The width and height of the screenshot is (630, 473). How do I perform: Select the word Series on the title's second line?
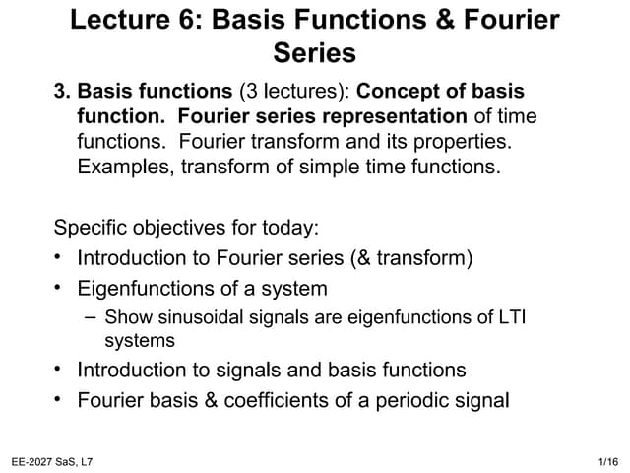tap(315, 52)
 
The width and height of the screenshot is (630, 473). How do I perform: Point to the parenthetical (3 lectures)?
tap(293, 92)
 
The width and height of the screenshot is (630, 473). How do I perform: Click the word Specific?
tap(92, 228)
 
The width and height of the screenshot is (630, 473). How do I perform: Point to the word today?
tap(288, 228)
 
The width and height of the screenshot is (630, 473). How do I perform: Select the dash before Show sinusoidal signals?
tap(91, 316)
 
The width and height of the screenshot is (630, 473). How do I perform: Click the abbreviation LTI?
tap(526, 317)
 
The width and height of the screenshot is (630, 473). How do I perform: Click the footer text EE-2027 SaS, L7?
tap(51, 461)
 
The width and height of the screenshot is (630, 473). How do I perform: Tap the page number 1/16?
tap(608, 461)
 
